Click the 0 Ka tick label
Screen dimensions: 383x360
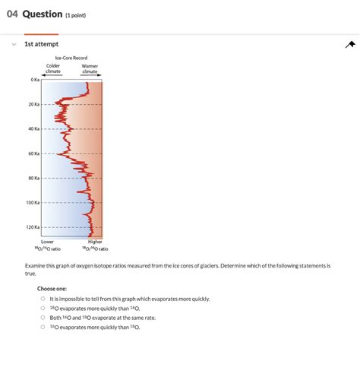[34, 80]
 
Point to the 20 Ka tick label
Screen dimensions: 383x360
[33, 104]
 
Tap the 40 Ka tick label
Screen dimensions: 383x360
[33, 128]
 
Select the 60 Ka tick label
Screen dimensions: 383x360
[33, 154]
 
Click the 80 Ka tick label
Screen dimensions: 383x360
[33, 178]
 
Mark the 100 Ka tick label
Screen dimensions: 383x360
[32, 203]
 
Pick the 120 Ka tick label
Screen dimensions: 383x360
[32, 227]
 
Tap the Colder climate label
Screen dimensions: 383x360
[53, 68]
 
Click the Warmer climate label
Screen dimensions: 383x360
[90, 68]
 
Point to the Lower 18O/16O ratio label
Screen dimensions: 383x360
[47, 245]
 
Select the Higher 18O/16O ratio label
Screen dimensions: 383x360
[95, 245]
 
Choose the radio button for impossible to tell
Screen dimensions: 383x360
[43, 299]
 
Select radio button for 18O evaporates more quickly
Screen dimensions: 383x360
[43, 309]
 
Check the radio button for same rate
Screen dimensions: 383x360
[43, 318]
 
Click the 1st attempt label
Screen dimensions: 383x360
[41, 44]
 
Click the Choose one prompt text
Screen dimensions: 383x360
[52, 289]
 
